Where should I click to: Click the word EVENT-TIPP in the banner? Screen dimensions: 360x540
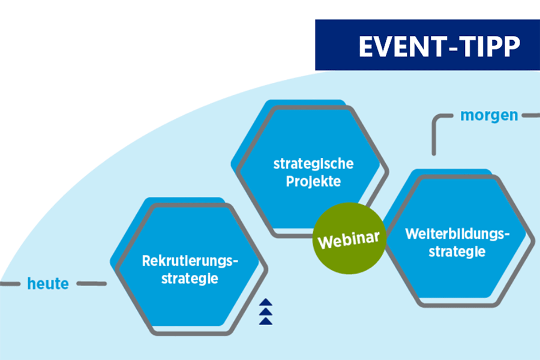[439, 47]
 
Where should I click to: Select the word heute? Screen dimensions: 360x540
[48, 284]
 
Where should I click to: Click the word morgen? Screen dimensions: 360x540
[489, 115]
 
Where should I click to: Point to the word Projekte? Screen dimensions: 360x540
[314, 181]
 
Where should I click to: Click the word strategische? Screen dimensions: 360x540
[314, 163]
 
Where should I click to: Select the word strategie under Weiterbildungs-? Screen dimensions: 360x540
[457, 252]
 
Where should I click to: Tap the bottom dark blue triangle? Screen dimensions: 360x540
[266, 321]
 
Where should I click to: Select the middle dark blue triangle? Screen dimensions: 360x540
[266, 312]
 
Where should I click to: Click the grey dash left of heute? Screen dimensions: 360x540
[9, 284]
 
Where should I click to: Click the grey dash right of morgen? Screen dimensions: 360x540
[531, 115]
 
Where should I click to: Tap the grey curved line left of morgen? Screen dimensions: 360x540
[436, 123]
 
